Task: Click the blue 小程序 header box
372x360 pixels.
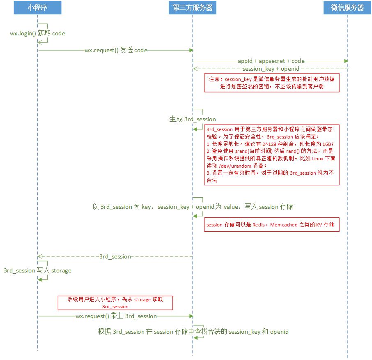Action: coord(37,8)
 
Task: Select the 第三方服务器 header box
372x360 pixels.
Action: coord(192,8)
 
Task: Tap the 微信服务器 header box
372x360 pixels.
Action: coord(347,8)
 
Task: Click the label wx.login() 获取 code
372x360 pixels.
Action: coord(38,33)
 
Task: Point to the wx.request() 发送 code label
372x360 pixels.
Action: coord(116,50)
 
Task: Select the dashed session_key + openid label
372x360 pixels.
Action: coord(271,69)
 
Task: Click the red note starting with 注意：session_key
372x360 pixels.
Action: coord(272,83)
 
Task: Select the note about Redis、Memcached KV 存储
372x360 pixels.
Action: coord(272,225)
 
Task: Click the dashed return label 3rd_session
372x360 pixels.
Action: coord(115,256)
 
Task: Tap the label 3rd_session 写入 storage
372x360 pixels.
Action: coord(37,270)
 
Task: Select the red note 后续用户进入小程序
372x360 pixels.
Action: coord(115,303)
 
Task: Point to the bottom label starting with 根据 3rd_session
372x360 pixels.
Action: coord(193,332)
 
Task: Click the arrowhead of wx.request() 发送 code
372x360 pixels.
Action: coord(191,50)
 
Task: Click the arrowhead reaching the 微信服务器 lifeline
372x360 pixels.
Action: coord(346,61)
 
